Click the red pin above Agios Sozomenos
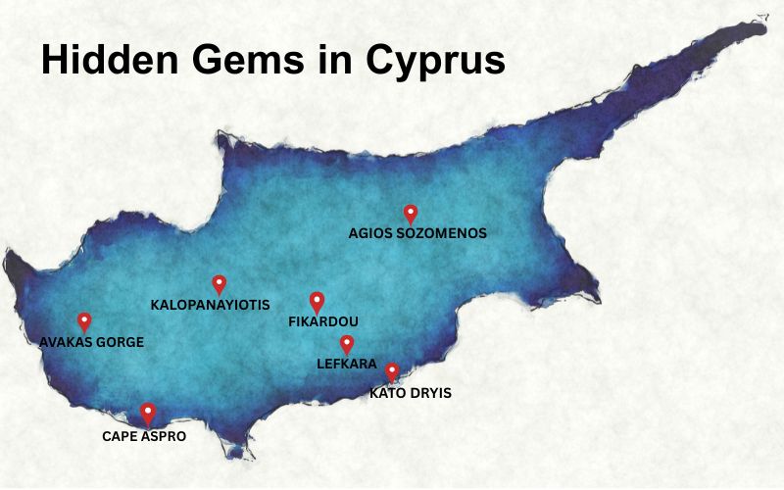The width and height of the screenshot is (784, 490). pyautogui.click(x=411, y=212)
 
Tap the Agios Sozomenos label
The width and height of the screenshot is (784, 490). pyautogui.click(x=417, y=233)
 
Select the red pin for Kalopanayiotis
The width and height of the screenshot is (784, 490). pyautogui.click(x=220, y=282)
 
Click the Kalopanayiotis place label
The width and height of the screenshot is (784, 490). pyautogui.click(x=210, y=305)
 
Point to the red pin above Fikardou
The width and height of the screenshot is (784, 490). pyautogui.click(x=317, y=301)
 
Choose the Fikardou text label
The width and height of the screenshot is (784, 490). pyautogui.click(x=323, y=321)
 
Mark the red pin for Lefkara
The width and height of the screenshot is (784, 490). pyautogui.click(x=347, y=343)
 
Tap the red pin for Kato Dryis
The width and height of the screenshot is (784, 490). pyautogui.click(x=392, y=370)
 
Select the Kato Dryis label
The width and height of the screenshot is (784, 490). pyautogui.click(x=411, y=394)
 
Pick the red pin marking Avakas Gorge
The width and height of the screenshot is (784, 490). pyautogui.click(x=84, y=320)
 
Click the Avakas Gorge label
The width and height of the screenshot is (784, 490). pyautogui.click(x=91, y=342)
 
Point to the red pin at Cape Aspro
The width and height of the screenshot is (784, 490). pyautogui.click(x=148, y=412)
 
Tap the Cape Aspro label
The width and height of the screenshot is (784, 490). pyautogui.click(x=144, y=436)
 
